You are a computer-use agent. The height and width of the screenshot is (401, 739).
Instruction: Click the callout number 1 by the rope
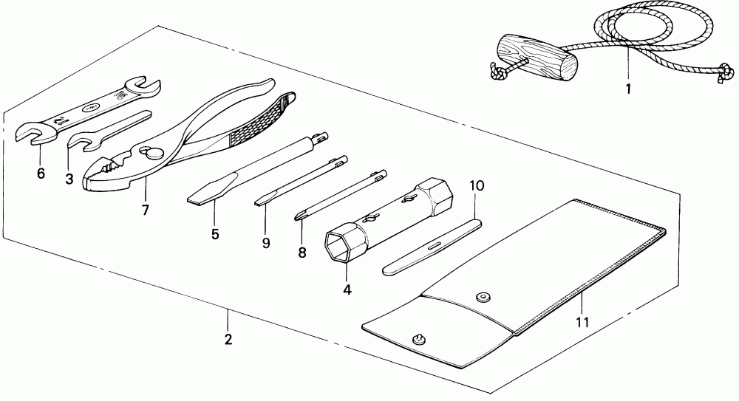pos(628,92)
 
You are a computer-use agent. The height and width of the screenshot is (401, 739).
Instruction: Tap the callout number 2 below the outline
pos(228,340)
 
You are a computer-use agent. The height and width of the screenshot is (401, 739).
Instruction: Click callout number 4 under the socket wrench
pos(347,289)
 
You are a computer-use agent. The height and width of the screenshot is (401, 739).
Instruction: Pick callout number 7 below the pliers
pos(146,210)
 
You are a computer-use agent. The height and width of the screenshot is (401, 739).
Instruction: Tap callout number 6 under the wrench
pos(41,174)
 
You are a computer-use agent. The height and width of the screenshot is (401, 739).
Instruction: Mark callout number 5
pos(215,234)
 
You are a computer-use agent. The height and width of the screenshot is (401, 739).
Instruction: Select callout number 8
pos(302,252)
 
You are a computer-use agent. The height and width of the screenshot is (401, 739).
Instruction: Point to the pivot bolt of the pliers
pos(155,153)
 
